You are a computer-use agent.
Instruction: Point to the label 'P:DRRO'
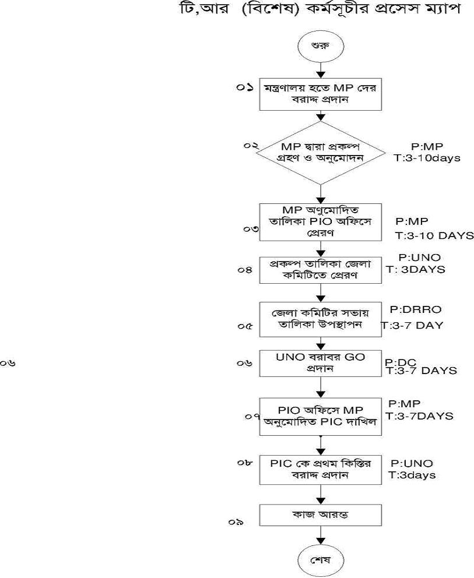point(413,308)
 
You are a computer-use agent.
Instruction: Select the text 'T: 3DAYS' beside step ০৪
point(415,269)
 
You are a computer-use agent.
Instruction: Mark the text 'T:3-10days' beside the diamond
point(427,158)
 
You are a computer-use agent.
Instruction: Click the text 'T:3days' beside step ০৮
point(412,475)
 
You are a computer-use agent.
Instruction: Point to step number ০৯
point(236,522)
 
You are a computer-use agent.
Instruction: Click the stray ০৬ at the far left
point(8,364)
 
